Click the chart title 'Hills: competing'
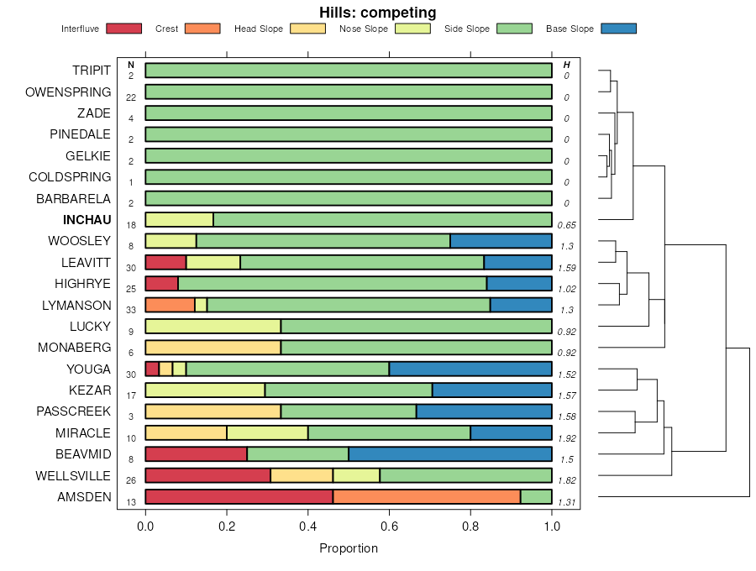(x=377, y=13)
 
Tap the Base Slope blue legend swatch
(x=618, y=29)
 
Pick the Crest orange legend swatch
(x=202, y=29)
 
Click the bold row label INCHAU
(x=87, y=220)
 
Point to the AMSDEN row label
(x=84, y=497)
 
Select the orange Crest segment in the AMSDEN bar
(x=427, y=497)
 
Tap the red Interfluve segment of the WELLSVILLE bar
(x=207, y=475)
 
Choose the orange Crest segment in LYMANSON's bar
(x=170, y=305)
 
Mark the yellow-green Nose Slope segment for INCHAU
(x=179, y=220)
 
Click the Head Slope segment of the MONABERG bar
(x=213, y=348)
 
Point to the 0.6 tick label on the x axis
(x=389, y=526)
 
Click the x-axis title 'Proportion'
(x=349, y=548)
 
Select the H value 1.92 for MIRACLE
(x=566, y=438)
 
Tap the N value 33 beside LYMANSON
(x=131, y=310)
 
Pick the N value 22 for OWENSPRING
(x=131, y=97)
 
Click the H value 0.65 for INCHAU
(x=566, y=225)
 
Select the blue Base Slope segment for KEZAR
(x=491, y=390)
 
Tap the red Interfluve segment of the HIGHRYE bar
(x=161, y=284)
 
